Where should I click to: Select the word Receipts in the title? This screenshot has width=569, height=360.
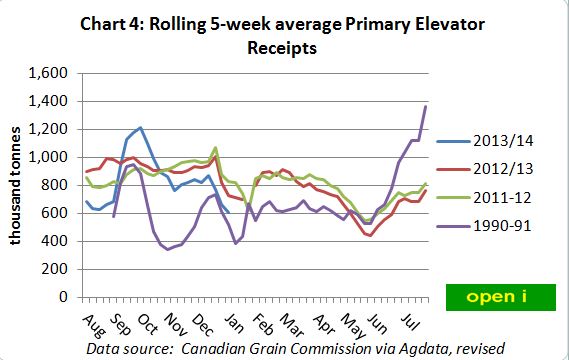287,48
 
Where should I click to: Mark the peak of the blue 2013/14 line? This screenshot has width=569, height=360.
141,127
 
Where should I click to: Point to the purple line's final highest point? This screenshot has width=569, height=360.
426,106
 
